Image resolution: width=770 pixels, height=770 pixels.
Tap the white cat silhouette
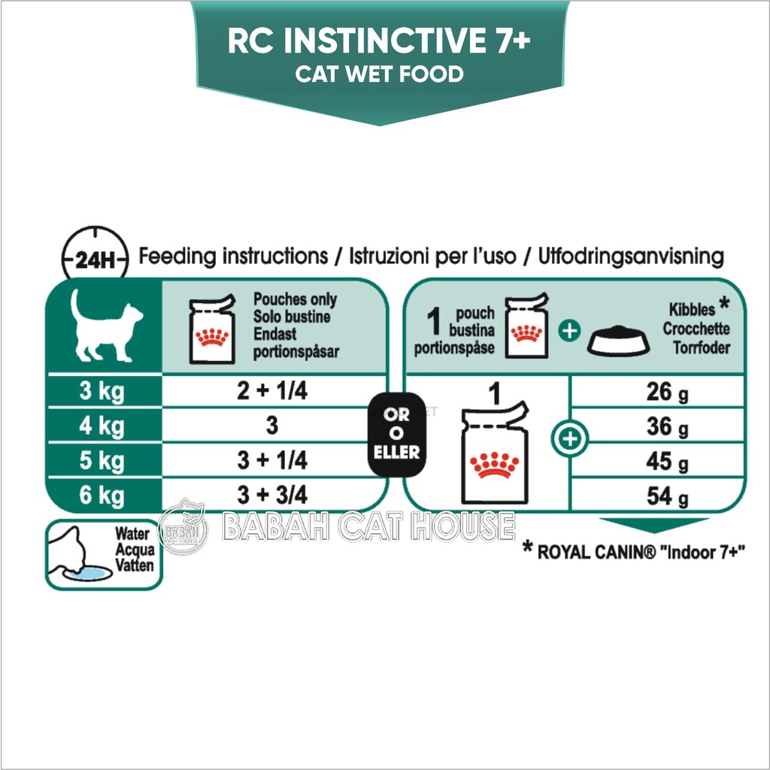click(x=105, y=326)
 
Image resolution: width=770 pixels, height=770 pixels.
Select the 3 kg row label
click(x=102, y=391)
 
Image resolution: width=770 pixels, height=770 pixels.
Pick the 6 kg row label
click(x=102, y=495)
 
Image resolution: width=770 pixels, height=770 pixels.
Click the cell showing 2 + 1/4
click(x=272, y=390)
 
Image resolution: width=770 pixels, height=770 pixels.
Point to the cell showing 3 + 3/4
click(x=272, y=495)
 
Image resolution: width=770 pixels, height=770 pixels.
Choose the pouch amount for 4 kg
click(x=272, y=426)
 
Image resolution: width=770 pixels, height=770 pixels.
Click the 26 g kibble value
click(x=667, y=392)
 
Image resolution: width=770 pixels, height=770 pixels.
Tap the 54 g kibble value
click(x=667, y=496)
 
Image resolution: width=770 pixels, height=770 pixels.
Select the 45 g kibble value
click(x=667, y=462)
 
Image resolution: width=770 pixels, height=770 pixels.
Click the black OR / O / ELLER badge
click(x=397, y=434)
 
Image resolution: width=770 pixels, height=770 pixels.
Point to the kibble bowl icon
click(x=619, y=341)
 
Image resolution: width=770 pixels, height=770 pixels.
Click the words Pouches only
click(x=295, y=299)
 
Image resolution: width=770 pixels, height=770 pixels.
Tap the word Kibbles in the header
click(x=692, y=309)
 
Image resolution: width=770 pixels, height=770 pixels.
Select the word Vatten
click(x=135, y=565)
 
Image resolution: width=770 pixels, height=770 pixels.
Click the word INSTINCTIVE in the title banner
click(x=383, y=41)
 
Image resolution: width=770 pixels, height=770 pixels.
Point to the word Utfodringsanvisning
click(x=631, y=257)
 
